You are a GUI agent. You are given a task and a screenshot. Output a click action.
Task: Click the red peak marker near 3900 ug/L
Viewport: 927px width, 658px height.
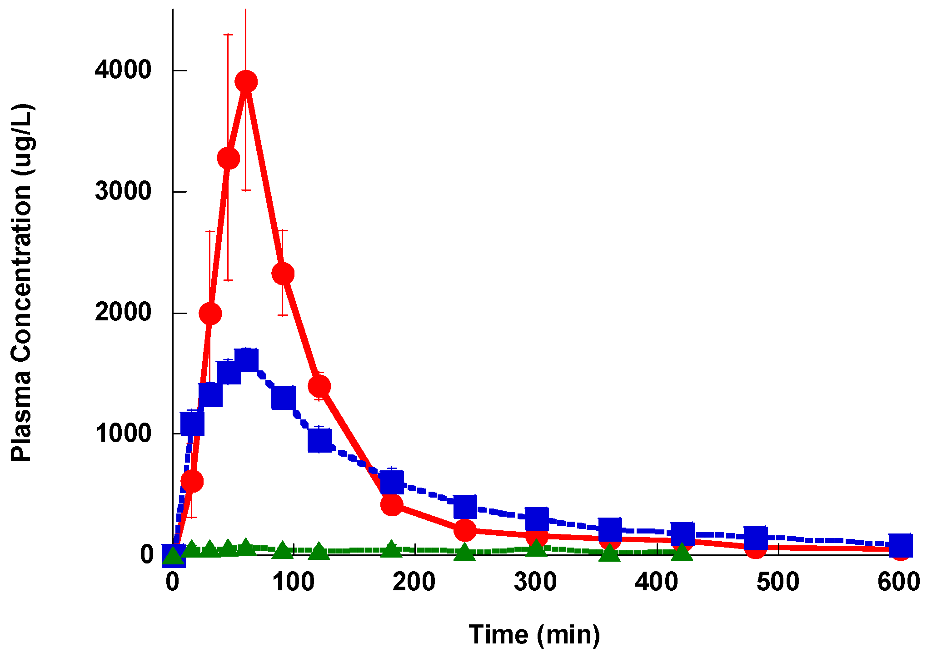pyautogui.click(x=246, y=82)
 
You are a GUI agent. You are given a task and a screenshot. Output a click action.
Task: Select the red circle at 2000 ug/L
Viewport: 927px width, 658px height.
pyautogui.click(x=210, y=314)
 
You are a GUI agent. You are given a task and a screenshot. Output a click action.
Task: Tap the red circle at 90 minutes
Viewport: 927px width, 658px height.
pyautogui.click(x=283, y=274)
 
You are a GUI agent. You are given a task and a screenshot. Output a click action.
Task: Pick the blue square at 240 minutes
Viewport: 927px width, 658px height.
pyautogui.click(x=465, y=507)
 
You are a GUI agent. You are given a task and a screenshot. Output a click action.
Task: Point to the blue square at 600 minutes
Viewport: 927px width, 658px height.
pyautogui.click(x=900, y=545)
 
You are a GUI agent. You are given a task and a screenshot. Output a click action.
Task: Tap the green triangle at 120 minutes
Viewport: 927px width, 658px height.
pyautogui.click(x=319, y=551)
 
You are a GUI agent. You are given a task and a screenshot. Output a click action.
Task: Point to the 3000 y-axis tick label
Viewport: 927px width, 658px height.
pyautogui.click(x=123, y=191)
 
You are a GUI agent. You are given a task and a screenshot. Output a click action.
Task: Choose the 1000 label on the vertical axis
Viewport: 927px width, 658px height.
pyautogui.click(x=123, y=433)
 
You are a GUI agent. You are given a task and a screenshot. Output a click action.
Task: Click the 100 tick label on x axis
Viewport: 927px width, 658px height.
pyautogui.click(x=294, y=582)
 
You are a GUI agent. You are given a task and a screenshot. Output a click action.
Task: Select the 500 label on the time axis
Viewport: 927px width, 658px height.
pyautogui.click(x=778, y=582)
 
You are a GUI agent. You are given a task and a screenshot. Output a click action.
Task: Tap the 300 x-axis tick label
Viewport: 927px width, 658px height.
pyautogui.click(x=535, y=582)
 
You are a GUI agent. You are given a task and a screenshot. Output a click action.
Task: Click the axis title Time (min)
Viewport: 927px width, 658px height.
pyautogui.click(x=534, y=635)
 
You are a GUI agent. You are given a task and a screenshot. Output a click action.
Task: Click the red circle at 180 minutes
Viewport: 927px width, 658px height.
pyautogui.click(x=392, y=504)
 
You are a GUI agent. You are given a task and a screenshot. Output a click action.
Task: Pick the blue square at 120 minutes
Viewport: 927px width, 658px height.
pyautogui.click(x=319, y=440)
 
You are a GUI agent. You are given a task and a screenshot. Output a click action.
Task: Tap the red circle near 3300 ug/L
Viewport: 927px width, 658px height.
pyautogui.click(x=228, y=158)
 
